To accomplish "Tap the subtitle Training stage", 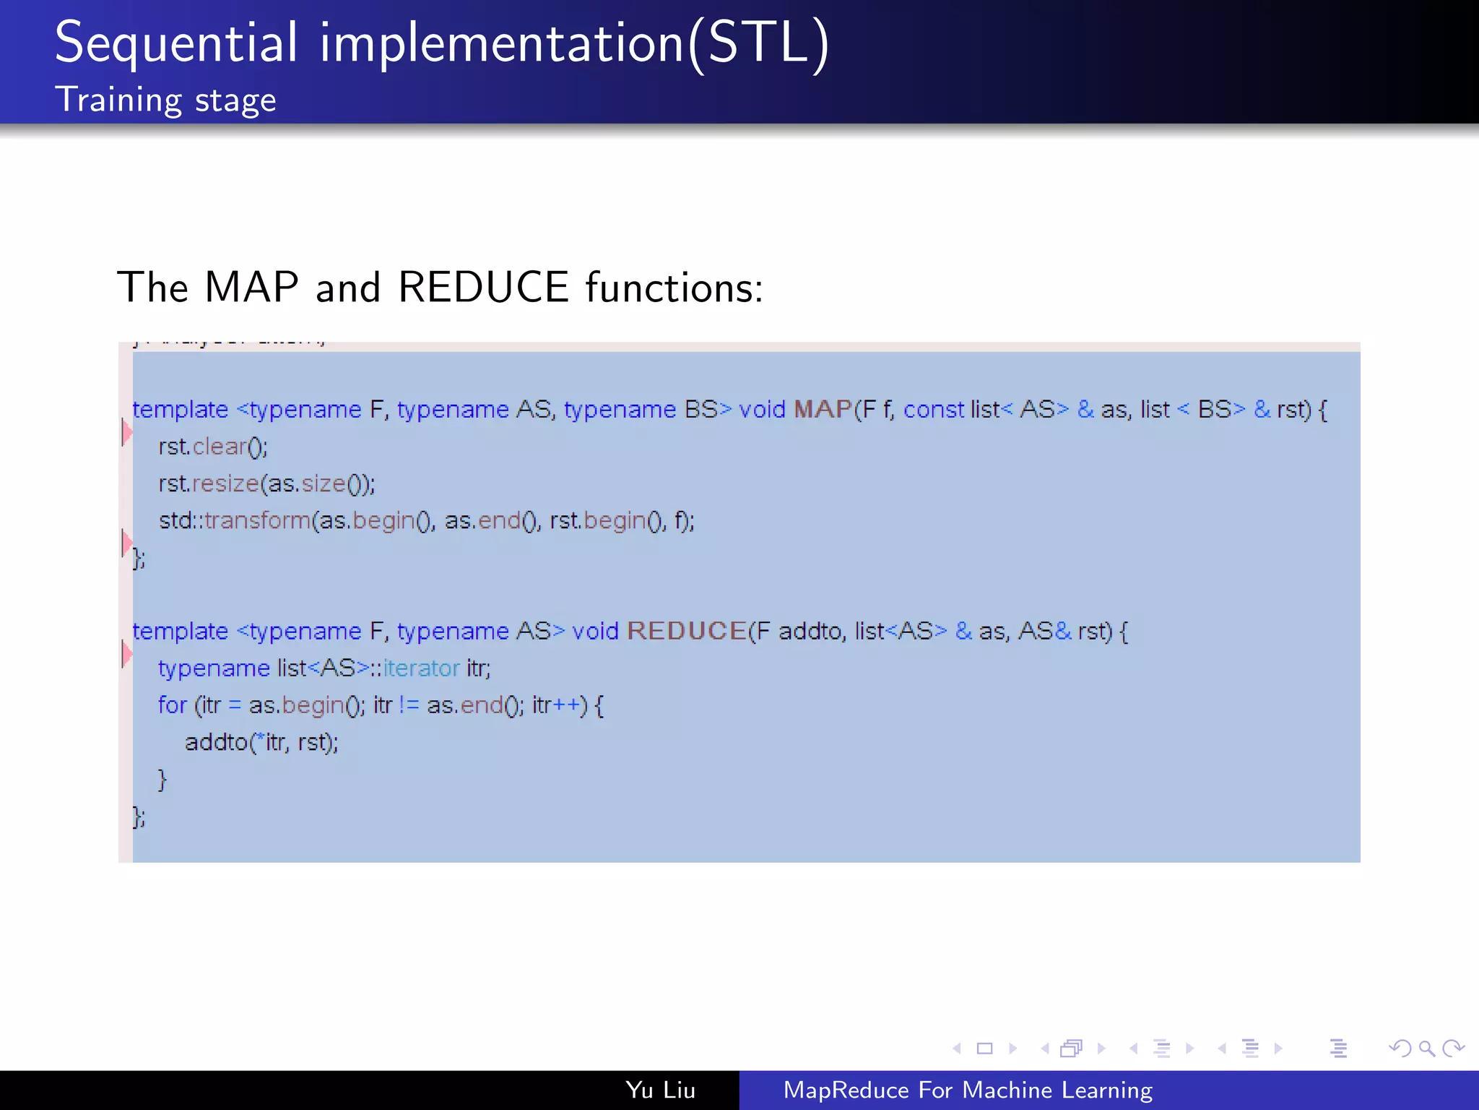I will click(x=165, y=100).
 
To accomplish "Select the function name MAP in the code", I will click(x=823, y=410).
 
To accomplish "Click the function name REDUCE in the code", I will click(x=686, y=631).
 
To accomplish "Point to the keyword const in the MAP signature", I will click(x=933, y=410).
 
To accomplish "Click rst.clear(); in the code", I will click(x=213, y=447).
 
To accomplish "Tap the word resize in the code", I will click(x=225, y=483).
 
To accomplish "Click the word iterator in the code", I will click(x=421, y=668).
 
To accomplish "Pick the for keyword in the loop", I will click(x=172, y=705).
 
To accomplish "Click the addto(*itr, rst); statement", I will click(x=261, y=742).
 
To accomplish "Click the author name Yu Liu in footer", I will click(x=660, y=1090).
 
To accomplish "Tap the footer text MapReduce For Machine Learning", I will click(x=968, y=1090).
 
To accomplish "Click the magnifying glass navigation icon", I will click(x=1426, y=1048).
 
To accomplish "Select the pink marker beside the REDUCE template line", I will click(x=126, y=654).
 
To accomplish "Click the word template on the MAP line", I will click(x=180, y=410).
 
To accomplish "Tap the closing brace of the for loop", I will click(x=162, y=779).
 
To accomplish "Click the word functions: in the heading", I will click(x=674, y=287).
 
